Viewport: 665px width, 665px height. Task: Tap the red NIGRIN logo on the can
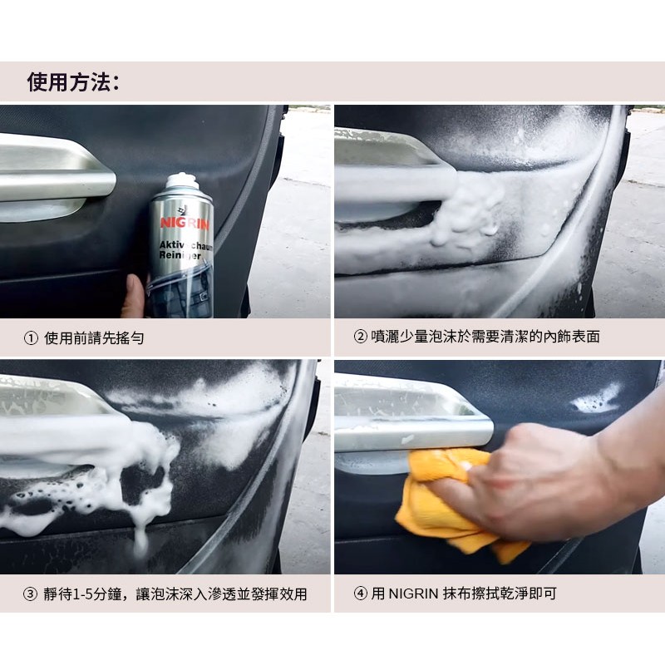(x=185, y=223)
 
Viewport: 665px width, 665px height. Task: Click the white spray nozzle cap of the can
(x=182, y=180)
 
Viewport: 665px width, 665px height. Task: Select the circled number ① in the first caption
(x=31, y=338)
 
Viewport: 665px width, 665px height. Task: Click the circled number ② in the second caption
(x=360, y=337)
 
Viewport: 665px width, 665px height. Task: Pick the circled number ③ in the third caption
(x=30, y=594)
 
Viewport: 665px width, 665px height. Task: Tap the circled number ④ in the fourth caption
(x=361, y=594)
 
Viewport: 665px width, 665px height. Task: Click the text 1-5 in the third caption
(x=83, y=594)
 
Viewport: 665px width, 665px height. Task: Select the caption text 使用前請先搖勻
(x=94, y=338)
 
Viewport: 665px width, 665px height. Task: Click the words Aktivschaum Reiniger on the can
(x=185, y=250)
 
